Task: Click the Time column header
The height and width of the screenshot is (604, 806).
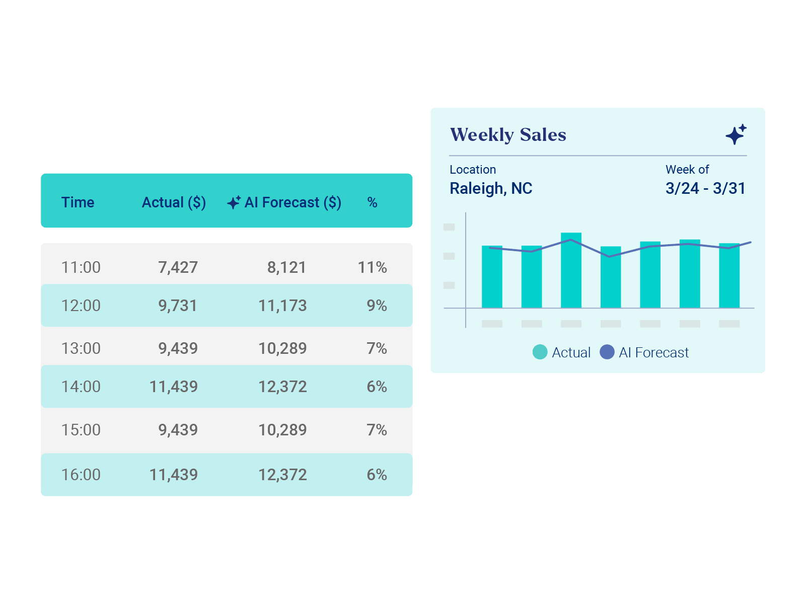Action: click(x=78, y=202)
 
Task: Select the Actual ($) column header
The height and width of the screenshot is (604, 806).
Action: click(x=174, y=202)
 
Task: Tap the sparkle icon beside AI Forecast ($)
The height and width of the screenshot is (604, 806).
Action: click(x=234, y=202)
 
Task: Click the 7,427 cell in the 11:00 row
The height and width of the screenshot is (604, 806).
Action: click(x=178, y=267)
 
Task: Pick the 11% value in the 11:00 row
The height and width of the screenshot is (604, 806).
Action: click(x=372, y=267)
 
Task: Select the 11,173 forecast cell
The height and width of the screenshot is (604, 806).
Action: click(x=282, y=306)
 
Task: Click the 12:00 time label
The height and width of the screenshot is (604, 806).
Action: click(x=81, y=306)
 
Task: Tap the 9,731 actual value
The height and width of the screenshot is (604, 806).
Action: click(x=178, y=306)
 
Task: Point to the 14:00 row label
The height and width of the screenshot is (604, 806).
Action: click(x=81, y=387)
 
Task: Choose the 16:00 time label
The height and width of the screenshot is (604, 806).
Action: click(x=81, y=475)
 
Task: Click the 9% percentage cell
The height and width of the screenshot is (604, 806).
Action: click(x=377, y=306)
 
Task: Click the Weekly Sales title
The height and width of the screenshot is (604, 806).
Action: click(x=508, y=135)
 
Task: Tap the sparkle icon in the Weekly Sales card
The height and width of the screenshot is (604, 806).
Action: click(x=736, y=134)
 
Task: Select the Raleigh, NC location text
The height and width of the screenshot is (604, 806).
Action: click(x=491, y=188)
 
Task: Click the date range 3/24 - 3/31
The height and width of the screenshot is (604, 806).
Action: click(x=705, y=188)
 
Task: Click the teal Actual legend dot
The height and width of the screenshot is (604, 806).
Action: click(x=540, y=352)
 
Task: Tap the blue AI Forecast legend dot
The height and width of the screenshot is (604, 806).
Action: click(x=607, y=352)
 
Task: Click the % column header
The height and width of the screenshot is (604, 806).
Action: click(x=372, y=202)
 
